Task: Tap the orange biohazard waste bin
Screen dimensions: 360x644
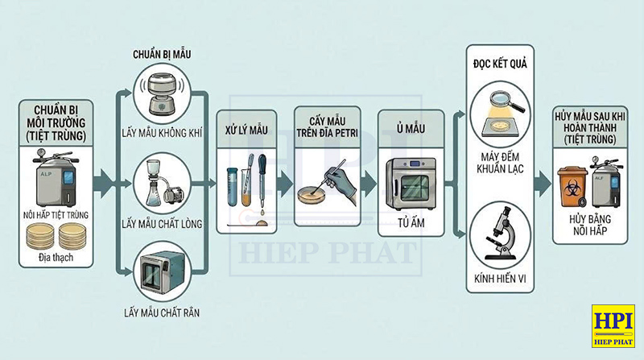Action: pyautogui.click(x=574, y=189)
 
